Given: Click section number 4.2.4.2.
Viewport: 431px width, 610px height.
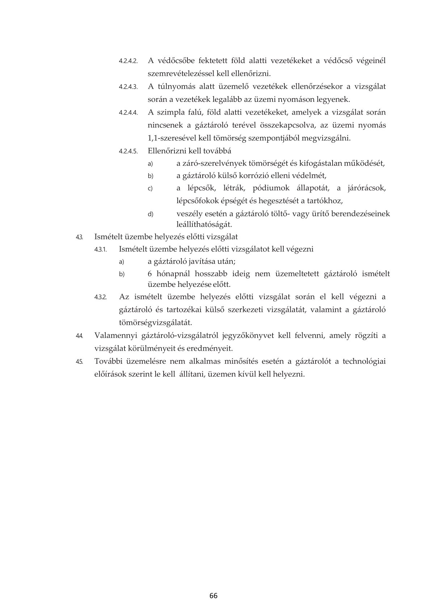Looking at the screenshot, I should click(128, 61).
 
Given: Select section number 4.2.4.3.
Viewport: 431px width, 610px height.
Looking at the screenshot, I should click(128, 87).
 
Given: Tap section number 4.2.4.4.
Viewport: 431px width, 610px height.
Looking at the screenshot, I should click(128, 113).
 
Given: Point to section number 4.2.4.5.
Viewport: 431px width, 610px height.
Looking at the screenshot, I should click(128, 151).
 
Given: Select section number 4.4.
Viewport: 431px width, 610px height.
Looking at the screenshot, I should click(80, 336).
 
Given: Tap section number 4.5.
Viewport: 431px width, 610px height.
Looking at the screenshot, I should click(80, 362).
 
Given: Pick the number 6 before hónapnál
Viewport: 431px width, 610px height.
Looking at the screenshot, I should click(150, 274).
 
